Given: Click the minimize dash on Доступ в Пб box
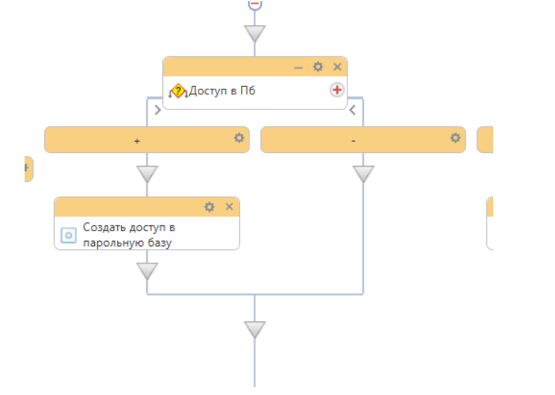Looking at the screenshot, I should [298, 67].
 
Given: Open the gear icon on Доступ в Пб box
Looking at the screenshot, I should [318, 67].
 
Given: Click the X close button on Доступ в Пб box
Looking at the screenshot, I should [337, 67].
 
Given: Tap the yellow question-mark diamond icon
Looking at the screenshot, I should [177, 91].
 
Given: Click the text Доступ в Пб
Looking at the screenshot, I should [222, 91].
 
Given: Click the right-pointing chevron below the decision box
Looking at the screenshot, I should [158, 110].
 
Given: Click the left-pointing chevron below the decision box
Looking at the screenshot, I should [352, 110].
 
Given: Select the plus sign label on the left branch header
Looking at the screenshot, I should [137, 141].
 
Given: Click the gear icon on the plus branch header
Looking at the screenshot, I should [239, 138].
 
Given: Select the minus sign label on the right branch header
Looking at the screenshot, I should [354, 141].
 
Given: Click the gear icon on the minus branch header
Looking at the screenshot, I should [455, 138].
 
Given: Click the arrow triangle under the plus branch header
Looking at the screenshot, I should [147, 174].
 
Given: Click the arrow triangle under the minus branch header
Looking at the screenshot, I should [363, 174].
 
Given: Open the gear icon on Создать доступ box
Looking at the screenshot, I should [209, 207].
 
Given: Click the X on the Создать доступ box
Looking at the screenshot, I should [229, 207].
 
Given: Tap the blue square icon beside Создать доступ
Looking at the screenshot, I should [69, 235].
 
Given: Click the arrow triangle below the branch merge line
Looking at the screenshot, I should [255, 330].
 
